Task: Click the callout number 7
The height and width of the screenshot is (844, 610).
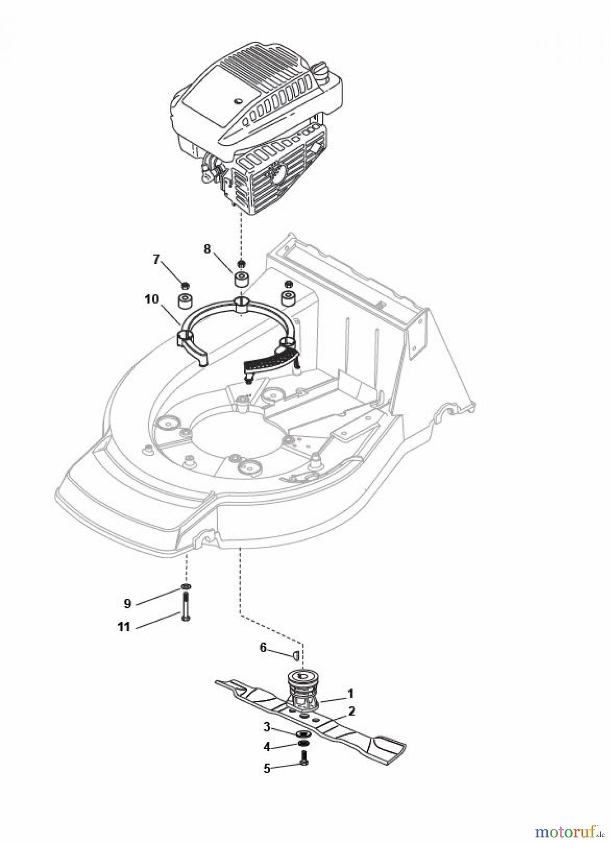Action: coord(157,259)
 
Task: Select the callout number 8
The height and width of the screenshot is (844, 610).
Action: coord(207,249)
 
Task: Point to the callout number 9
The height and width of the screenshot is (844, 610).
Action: coord(127,604)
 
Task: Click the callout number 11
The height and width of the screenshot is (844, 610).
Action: coord(124,627)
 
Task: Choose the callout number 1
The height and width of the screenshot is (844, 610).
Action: coord(350,693)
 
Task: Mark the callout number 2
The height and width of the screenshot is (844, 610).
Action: coord(351,711)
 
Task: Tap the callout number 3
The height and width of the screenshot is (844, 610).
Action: coord(267,727)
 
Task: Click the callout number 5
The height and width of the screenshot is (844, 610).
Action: coord(267,769)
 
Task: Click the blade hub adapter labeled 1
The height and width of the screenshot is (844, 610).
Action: coord(302,687)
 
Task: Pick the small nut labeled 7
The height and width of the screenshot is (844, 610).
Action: coord(185,284)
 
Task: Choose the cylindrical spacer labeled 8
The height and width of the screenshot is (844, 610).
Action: coord(242,281)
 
